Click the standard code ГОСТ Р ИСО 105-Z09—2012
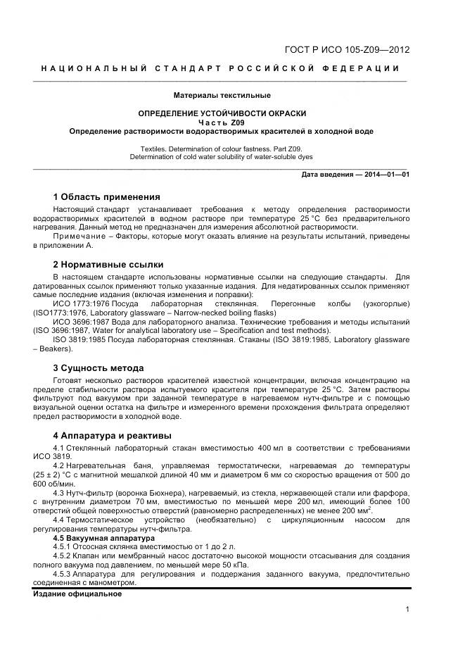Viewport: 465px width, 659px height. [x=347, y=50]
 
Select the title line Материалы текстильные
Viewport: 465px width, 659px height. [x=222, y=95]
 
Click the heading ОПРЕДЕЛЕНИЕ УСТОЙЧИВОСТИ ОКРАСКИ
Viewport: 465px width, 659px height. [x=222, y=113]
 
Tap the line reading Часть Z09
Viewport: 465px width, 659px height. [x=222, y=123]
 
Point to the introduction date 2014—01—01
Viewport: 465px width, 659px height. [x=384, y=174]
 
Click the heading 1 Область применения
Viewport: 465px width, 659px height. [x=107, y=196]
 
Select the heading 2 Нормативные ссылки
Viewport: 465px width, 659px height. [x=108, y=265]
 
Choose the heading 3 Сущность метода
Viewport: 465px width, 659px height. [x=98, y=368]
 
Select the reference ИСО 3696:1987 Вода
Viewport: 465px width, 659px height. [x=89, y=322]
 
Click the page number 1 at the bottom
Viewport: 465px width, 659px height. [x=407, y=610]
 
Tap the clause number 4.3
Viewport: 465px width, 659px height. [x=60, y=492]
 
